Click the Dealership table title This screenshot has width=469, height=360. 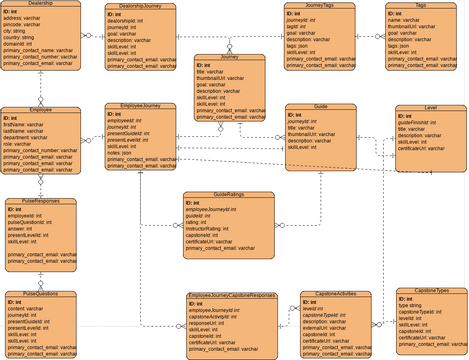tap(40, 5)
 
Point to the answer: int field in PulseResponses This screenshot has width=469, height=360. tap(24, 227)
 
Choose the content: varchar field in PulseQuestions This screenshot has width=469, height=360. tap(29, 309)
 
